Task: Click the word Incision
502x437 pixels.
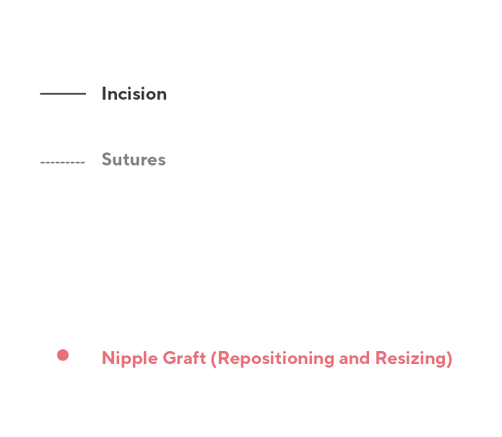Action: pyautogui.click(x=134, y=94)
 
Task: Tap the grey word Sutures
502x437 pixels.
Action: pyautogui.click(x=134, y=160)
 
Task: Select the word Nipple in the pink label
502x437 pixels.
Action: pyautogui.click(x=125, y=359)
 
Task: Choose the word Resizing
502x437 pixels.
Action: pyautogui.click(x=410, y=359)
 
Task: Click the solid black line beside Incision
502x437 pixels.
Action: pyautogui.click(x=63, y=93)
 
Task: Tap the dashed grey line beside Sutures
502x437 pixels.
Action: pyautogui.click(x=63, y=163)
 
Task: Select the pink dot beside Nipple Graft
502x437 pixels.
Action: pyautogui.click(x=63, y=355)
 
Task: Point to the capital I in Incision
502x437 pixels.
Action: pyautogui.click(x=103, y=94)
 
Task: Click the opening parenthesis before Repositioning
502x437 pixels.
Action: pyautogui.click(x=213, y=358)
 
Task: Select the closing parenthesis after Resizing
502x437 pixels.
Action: pyautogui.click(x=449, y=358)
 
